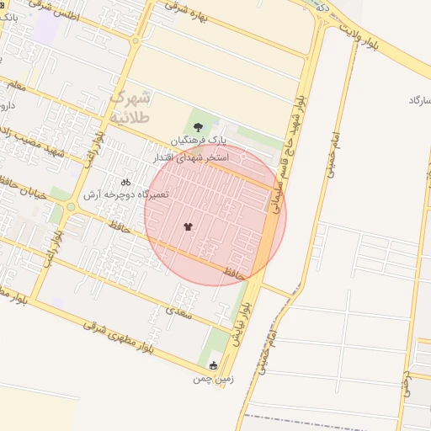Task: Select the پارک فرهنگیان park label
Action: coord(200,141)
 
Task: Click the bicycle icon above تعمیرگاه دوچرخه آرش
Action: coord(125,182)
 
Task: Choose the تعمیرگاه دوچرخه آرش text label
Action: coord(125,194)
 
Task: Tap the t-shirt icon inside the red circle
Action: coord(187,227)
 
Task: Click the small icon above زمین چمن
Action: coord(212,365)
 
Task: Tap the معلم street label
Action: coord(17,86)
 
